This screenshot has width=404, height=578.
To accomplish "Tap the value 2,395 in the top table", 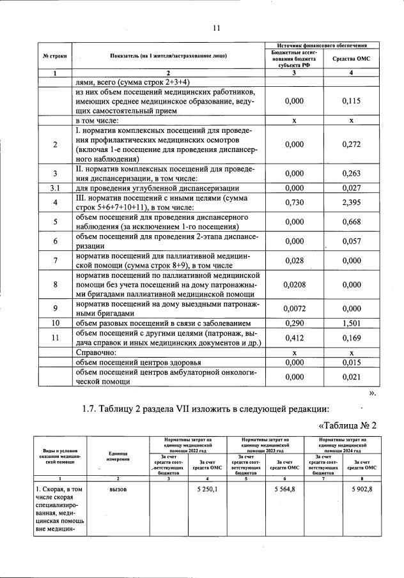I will pyautogui.click(x=347, y=202).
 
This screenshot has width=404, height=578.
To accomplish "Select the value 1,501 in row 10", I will pyautogui.click(x=347, y=323).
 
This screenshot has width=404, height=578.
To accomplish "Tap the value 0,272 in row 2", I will pyautogui.click(x=347, y=144).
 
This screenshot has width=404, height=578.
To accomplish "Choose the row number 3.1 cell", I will pyautogui.click(x=55, y=188).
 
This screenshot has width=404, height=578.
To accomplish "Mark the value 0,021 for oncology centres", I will pyautogui.click(x=347, y=377).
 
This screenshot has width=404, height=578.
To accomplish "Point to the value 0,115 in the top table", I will pyautogui.click(x=347, y=101).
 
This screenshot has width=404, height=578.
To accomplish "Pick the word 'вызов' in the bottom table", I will pyautogui.click(x=118, y=489).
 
